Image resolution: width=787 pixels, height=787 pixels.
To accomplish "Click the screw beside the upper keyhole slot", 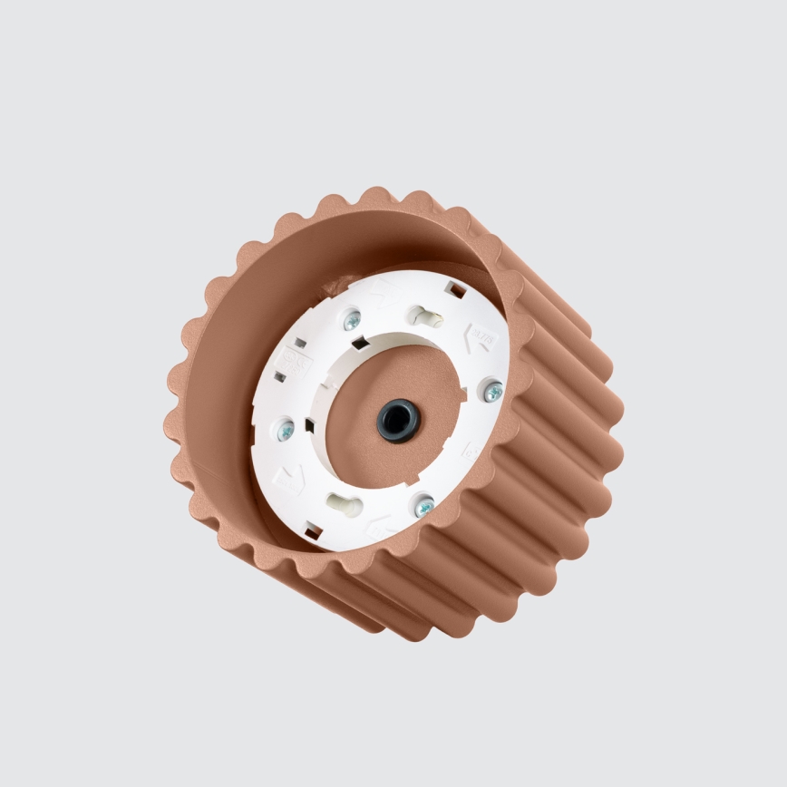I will pyautogui.click(x=352, y=319).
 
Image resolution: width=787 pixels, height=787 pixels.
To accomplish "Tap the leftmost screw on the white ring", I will pyautogui.click(x=285, y=430).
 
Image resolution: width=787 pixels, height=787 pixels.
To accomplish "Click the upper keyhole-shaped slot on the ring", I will pyautogui.click(x=423, y=316).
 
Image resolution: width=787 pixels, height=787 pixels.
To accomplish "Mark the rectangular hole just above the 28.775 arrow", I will pyautogui.click(x=457, y=291).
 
